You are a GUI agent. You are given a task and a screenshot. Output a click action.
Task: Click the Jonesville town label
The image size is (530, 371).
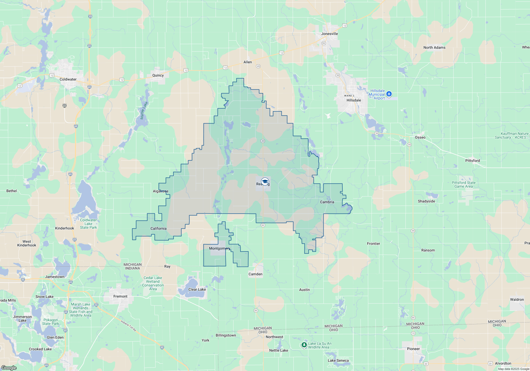329,34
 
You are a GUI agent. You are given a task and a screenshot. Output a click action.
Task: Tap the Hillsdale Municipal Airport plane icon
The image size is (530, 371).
389,94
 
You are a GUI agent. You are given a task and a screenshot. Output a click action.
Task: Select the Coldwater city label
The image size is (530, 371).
68,79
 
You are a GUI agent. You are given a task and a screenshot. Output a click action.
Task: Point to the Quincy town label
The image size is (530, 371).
158,75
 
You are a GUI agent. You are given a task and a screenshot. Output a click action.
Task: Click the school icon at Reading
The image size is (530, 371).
265,182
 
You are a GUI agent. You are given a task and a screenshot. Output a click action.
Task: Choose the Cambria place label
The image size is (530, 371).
327,202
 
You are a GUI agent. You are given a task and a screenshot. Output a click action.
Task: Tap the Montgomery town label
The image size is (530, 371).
219,248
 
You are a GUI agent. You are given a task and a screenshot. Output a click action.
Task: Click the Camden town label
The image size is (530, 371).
255,274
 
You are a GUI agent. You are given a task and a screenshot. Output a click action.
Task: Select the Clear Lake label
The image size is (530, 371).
197,289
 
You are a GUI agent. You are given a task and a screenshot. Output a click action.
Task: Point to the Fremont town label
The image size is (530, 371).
120,296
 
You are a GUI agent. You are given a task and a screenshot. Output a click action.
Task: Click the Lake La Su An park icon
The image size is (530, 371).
304,345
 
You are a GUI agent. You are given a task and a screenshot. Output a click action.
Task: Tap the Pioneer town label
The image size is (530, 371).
413,349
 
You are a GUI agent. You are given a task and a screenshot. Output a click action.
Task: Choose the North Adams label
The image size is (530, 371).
434,47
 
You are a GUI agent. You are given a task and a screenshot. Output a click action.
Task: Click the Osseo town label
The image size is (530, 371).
420,137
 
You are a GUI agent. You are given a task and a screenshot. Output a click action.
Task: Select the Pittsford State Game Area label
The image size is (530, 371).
463,184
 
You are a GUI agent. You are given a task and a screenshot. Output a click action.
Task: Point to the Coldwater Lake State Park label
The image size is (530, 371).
88,224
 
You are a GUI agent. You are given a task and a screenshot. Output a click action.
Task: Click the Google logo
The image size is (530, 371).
9,368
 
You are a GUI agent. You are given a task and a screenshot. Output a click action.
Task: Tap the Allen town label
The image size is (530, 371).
248,62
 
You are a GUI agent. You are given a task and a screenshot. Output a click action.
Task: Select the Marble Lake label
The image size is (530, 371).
144,111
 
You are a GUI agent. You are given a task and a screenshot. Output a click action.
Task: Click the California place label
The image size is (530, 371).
158,228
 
